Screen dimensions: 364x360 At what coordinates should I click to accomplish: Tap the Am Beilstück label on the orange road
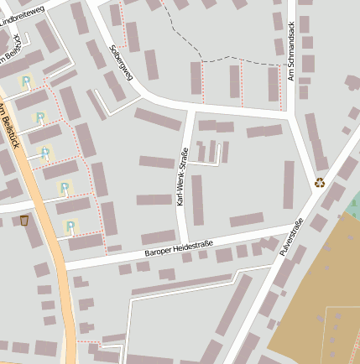click(x=8, y=126)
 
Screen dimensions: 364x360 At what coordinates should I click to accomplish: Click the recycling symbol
click(x=320, y=182)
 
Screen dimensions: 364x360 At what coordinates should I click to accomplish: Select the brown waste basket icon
click(x=23, y=221)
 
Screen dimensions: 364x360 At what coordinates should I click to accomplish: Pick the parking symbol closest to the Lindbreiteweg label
click(x=26, y=81)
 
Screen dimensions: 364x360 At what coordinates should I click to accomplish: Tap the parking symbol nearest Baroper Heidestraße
click(x=70, y=226)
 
